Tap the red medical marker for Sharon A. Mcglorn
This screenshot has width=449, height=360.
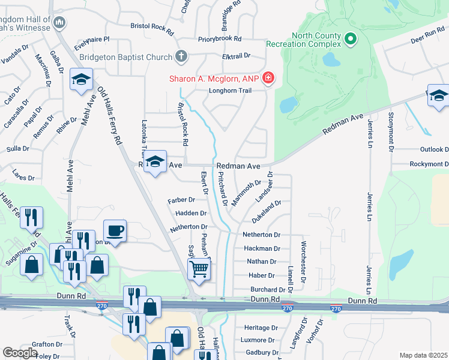[x=268, y=79]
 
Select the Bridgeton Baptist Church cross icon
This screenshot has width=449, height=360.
[x=180, y=57]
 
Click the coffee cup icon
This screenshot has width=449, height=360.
[x=115, y=230]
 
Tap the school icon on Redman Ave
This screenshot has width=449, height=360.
[x=155, y=162]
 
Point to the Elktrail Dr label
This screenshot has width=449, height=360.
[x=235, y=55]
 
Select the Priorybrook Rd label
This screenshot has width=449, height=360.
[x=220, y=38]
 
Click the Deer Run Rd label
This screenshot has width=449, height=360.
[x=427, y=36]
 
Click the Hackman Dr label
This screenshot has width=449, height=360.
[x=262, y=248]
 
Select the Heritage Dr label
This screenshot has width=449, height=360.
[x=261, y=328]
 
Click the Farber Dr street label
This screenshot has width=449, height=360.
[x=182, y=200]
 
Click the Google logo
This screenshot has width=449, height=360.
[x=20, y=353]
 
